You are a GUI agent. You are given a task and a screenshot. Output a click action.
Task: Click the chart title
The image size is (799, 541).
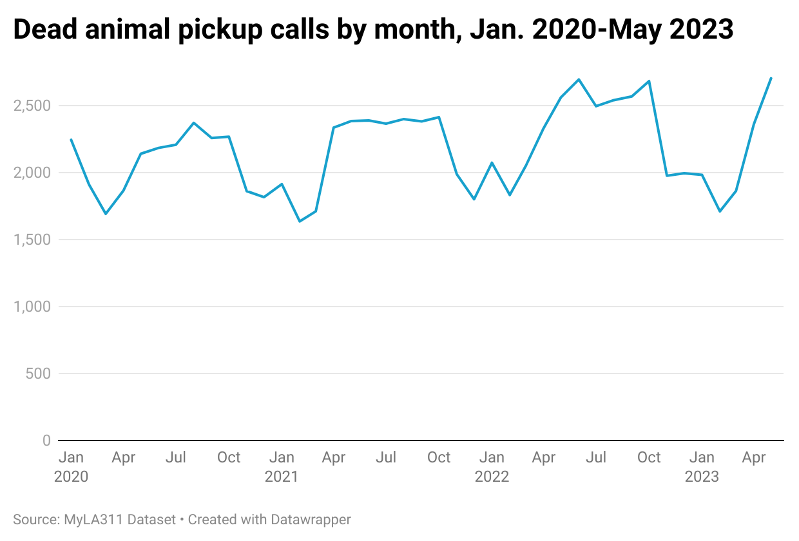pos(373,30)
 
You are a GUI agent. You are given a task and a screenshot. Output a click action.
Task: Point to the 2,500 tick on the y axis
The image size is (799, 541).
pos(33,106)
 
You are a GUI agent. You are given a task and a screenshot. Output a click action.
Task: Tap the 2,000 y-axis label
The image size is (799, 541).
pos(33,173)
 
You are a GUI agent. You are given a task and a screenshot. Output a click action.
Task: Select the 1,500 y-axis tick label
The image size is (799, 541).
pos(33,240)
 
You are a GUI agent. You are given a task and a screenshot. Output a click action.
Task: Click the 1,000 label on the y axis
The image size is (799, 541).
pos(33,307)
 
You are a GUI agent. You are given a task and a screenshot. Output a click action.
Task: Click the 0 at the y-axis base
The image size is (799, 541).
pos(46,441)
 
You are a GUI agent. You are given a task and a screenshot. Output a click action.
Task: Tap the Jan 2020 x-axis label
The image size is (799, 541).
pos(71,466)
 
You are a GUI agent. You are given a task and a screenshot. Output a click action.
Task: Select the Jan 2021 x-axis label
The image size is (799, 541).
pos(281,466)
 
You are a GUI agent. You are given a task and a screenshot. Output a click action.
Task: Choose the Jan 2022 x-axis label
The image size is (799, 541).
pos(492,466)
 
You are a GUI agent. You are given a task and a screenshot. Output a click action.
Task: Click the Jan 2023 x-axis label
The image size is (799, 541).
pos(702,466)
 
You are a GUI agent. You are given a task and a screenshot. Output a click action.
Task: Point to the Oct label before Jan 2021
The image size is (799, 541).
pos(229,457)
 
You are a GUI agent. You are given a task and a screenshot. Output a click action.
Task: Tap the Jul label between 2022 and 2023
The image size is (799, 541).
pos(597,457)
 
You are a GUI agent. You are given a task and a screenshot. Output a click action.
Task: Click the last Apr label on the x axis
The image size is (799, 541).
pos(754,457)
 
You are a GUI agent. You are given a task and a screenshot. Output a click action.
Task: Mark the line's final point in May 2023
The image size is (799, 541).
pos(771,78)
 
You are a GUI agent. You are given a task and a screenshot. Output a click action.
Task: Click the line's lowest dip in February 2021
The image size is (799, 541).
pos(299,222)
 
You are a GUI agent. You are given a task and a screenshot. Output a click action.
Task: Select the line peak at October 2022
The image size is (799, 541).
pos(649,81)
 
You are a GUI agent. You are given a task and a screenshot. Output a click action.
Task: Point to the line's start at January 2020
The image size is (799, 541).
pos(71,139)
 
